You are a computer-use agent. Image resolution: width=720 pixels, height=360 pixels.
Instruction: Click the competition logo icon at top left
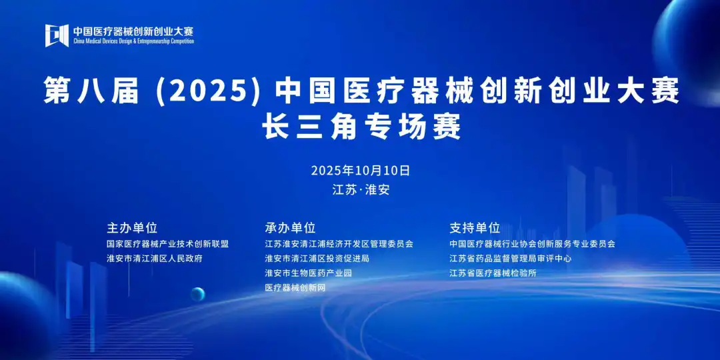pyautogui.click(x=57, y=35)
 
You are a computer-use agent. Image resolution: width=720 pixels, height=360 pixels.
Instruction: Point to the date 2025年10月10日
pyautogui.click(x=361, y=171)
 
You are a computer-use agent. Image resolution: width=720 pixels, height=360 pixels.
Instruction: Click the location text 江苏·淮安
pyautogui.click(x=361, y=189)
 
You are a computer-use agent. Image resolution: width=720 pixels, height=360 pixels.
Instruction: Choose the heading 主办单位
pyautogui.click(x=132, y=227)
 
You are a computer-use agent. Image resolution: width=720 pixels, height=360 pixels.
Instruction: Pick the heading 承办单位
pyautogui.click(x=290, y=227)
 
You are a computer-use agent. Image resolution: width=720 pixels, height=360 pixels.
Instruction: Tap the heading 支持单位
pyautogui.click(x=475, y=227)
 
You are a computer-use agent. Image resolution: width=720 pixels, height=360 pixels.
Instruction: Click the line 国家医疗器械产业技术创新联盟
pyautogui.click(x=167, y=244)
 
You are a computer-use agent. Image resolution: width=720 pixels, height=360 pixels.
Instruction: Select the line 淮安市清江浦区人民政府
pyautogui.click(x=154, y=258)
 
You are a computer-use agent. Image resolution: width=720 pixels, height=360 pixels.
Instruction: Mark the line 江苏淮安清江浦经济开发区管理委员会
pyautogui.click(x=339, y=244)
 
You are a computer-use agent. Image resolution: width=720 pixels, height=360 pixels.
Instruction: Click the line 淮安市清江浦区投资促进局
pyautogui.click(x=317, y=258)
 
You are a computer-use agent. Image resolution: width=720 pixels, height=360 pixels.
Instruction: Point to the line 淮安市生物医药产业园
pyautogui.click(x=308, y=273)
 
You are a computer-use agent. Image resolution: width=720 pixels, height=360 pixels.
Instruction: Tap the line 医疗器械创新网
pyautogui.click(x=295, y=287)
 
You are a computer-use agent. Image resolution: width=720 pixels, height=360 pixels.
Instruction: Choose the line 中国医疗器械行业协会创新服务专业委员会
pyautogui.click(x=532, y=244)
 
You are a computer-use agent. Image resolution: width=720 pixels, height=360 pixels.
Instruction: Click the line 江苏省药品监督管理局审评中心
pyautogui.click(x=511, y=258)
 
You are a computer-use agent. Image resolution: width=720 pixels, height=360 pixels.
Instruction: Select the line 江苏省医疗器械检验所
pyautogui.click(x=493, y=273)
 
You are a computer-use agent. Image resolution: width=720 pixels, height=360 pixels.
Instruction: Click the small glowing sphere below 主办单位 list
pyautogui.click(x=197, y=294)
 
